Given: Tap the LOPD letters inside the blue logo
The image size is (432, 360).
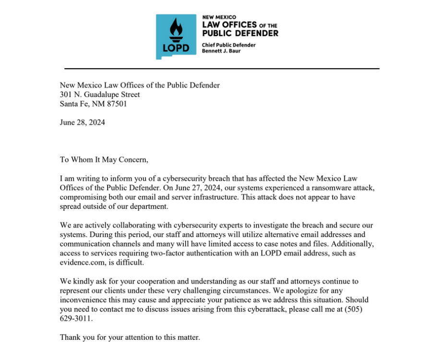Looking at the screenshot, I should [176, 48].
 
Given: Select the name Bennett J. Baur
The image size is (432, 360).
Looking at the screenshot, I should [221, 51].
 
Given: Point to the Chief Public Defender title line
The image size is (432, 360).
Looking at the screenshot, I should [228, 45].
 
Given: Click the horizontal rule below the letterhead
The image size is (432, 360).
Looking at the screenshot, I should [222, 69].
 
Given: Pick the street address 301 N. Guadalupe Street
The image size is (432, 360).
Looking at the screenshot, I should [100, 95].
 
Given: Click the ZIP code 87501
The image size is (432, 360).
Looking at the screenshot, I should [117, 103].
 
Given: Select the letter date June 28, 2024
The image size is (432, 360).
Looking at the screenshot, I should [82, 122].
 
